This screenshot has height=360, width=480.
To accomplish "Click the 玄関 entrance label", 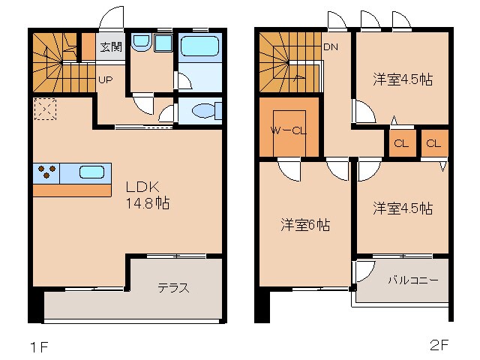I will click(110, 46).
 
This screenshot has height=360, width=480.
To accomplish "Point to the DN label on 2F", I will click(331, 46).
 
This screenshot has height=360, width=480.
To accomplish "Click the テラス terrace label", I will click(172, 287).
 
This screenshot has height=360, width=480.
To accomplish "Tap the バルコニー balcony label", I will click(412, 281).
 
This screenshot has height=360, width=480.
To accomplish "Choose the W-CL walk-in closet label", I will click(289, 130).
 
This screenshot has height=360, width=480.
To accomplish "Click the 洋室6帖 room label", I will click(305, 224).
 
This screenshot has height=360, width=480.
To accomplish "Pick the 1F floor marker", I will click(38, 346).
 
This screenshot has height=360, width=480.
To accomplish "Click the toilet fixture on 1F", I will click(204, 112).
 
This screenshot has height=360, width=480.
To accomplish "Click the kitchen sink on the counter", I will click(91, 171).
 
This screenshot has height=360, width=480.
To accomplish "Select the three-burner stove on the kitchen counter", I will click(46, 172).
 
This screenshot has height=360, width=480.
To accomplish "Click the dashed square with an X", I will click(44, 109).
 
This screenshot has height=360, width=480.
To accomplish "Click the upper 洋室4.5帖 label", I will click(403, 78).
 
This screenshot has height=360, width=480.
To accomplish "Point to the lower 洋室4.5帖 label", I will click(403, 208).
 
